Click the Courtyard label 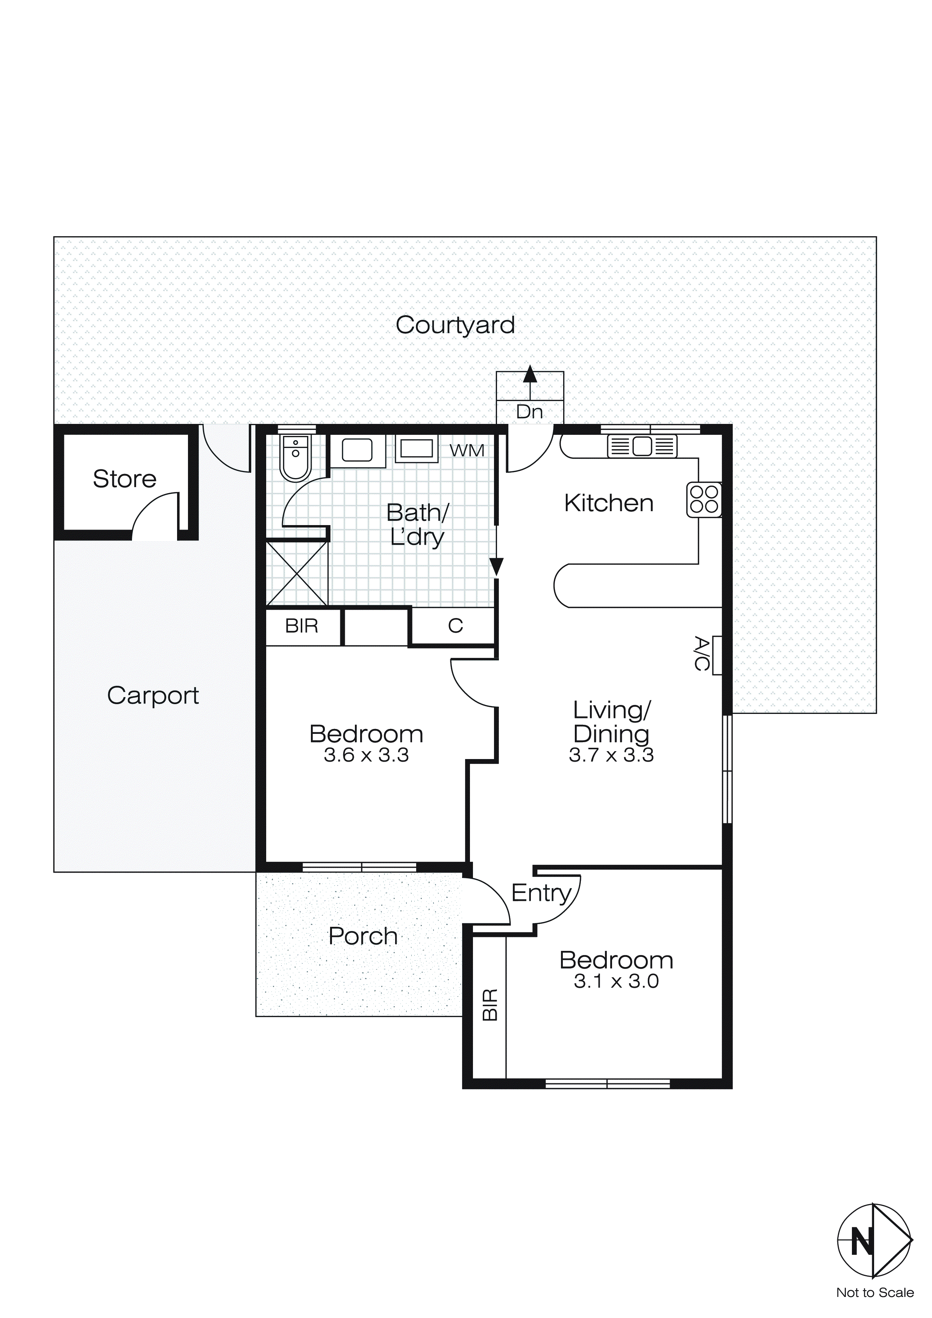point(455,325)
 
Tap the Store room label point(124,479)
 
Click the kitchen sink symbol point(642,446)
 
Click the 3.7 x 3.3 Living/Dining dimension point(611,755)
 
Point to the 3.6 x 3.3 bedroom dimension point(366,755)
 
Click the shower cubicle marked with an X point(297,573)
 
